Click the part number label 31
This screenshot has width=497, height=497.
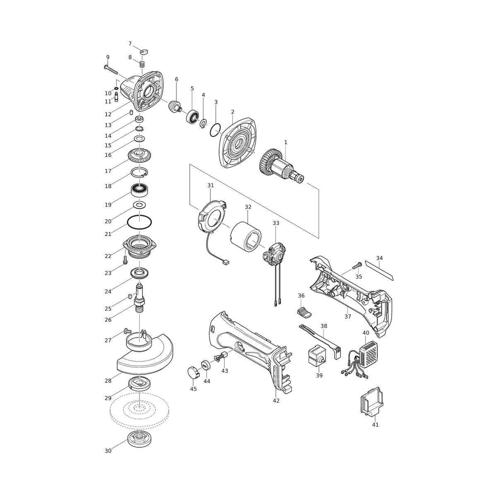[211, 186]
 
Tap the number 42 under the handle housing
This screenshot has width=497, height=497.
[276, 400]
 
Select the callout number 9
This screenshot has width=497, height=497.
[108, 57]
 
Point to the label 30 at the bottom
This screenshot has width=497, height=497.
[108, 451]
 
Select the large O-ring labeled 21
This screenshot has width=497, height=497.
[140, 222]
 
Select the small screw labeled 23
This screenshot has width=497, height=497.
[125, 259]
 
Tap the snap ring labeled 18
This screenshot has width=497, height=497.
[139, 172]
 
